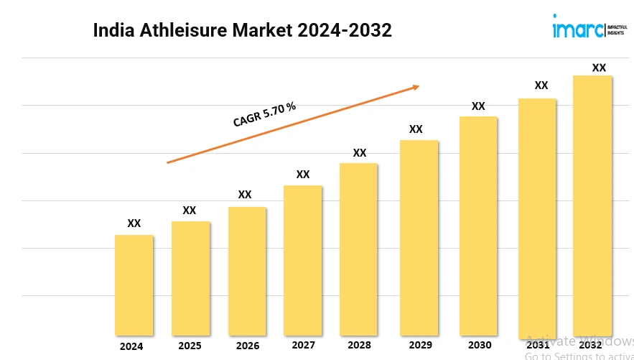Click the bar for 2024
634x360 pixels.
pos(134,285)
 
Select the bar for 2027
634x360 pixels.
pos(302,260)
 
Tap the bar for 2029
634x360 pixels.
pos(419,237)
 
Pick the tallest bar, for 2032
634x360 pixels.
pos(592,205)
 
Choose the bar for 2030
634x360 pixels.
pos(478,226)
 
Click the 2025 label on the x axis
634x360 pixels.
pos(190,346)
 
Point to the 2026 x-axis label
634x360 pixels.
pos(248,346)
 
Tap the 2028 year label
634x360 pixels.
pos(359,346)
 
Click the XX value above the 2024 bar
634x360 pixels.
pos(134,223)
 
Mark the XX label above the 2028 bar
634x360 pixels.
pos(360,153)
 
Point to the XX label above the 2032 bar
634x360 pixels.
pos(599,68)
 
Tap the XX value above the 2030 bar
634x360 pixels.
pos(478,106)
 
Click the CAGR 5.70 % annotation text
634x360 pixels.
pos(264,115)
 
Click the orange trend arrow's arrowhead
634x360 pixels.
pos(415,88)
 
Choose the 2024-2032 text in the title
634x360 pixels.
pos(346,31)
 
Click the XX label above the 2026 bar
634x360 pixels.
pos(245,195)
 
